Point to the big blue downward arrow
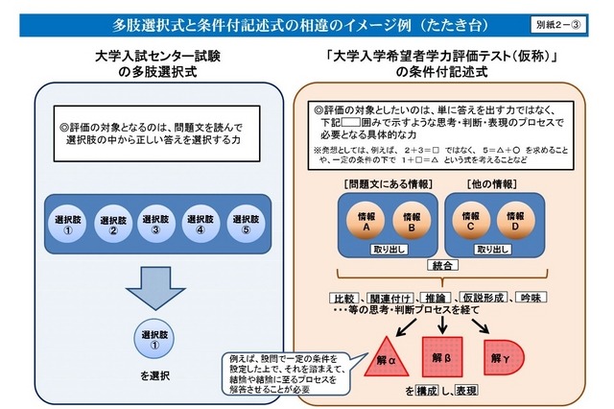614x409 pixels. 155,288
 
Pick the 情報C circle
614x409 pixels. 472,222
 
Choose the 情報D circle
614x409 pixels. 516,222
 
